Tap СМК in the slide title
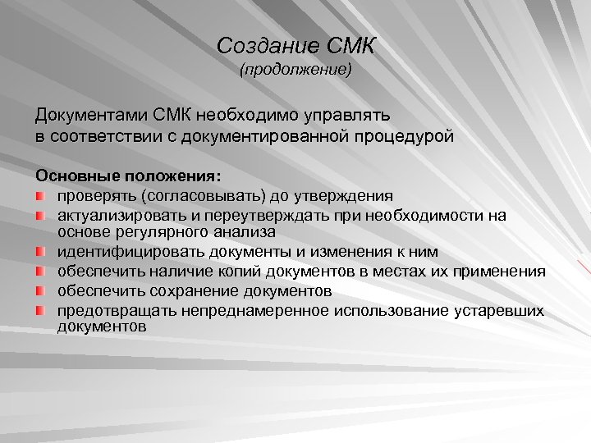346,46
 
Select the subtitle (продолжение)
295,71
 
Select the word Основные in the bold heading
77,176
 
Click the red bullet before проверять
41,196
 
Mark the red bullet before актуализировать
41,215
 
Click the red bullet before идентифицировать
41,252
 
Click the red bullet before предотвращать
41,310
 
